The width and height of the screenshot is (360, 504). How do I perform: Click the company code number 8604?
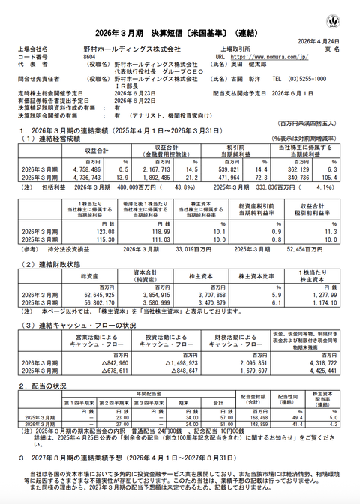pyautogui.click(x=88, y=56)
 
